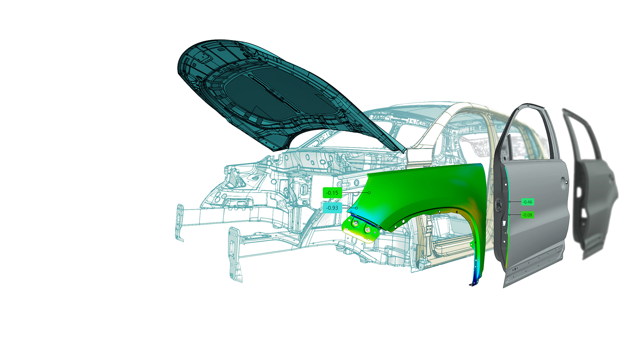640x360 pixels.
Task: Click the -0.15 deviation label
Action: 332,193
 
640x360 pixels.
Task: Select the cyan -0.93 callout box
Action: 332,208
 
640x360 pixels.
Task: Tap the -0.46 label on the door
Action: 527,202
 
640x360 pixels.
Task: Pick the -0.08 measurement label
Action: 527,215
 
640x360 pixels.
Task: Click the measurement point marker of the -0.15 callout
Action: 369,193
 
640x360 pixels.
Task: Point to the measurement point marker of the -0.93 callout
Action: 356,208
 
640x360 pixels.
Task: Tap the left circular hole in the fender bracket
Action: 355,224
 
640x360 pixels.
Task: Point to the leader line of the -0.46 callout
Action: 515,202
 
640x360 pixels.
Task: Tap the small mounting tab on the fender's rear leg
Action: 472,245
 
